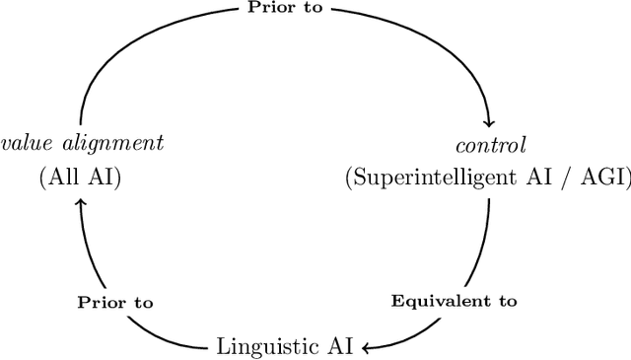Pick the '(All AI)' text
coord(81,179)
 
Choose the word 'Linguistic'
coord(261,346)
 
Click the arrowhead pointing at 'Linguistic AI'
coord(366,346)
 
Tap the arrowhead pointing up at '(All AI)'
coord(82,200)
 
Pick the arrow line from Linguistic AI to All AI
coord(99,296)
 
